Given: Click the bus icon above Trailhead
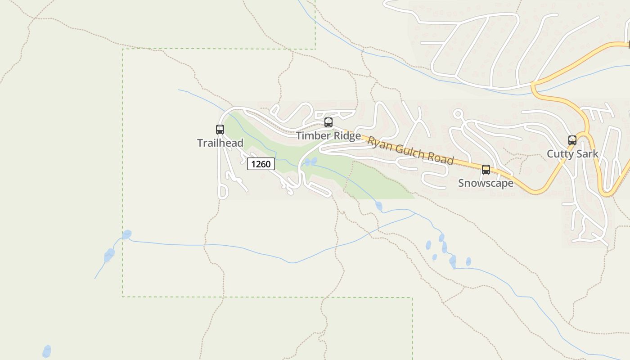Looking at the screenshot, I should [220, 130].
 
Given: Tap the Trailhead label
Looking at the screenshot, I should [220, 143].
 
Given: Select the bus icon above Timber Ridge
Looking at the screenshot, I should [328, 122].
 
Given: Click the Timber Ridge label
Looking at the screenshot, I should [328, 135].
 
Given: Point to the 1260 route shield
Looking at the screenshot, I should [261, 164].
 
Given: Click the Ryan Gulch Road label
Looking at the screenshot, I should [410, 150].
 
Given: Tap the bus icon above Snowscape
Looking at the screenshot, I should [486, 170].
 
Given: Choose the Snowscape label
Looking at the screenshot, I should [486, 183].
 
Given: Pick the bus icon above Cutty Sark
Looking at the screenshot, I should [572, 140].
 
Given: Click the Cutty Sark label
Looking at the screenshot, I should [572, 154].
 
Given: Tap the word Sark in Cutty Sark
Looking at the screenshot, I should [587, 154].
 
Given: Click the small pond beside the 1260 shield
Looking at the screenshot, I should [310, 162].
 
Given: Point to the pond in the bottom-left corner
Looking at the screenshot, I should [47, 351].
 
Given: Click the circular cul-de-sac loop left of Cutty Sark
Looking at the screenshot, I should [458, 114].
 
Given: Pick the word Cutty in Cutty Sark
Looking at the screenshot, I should [560, 154].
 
